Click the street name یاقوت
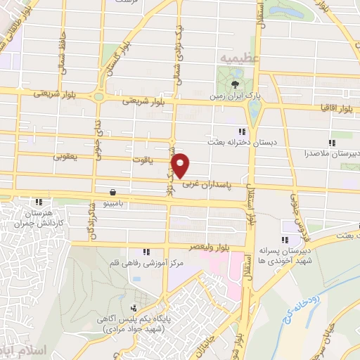click(141, 160)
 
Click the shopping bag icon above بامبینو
click(112, 191)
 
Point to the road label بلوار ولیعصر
click(211, 247)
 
